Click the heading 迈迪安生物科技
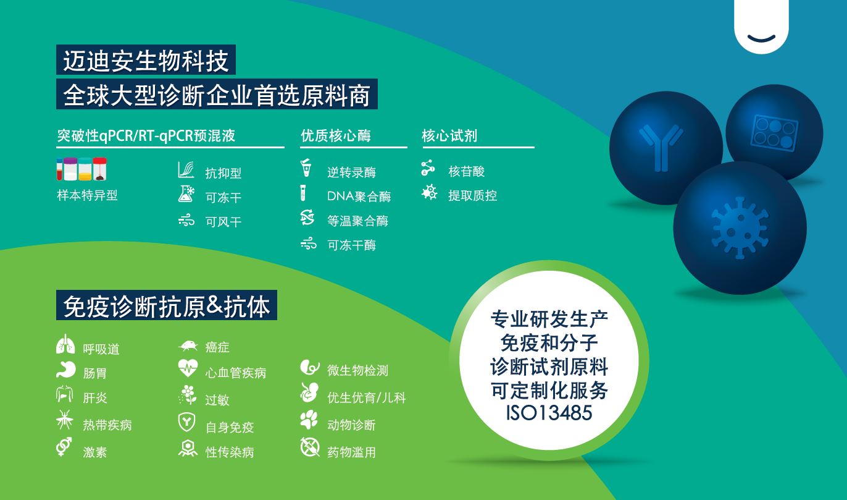pyautogui.click(x=146, y=61)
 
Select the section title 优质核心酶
pyautogui.click(x=336, y=136)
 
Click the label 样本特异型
pyautogui.click(x=87, y=195)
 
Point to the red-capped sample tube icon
pyautogui.click(x=99, y=169)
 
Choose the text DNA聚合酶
pyautogui.click(x=359, y=197)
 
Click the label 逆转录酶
pyautogui.click(x=351, y=172)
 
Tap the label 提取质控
pyautogui.click(x=472, y=196)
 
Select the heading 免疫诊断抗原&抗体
pyautogui.click(x=167, y=306)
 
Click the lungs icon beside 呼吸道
pyautogui.click(x=64, y=345)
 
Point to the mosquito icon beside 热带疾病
pyautogui.click(x=64, y=422)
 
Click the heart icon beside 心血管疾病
pyautogui.click(x=187, y=369)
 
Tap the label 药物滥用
pyautogui.click(x=351, y=452)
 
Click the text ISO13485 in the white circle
pyautogui.click(x=549, y=412)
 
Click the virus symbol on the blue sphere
pyautogui.click(x=740, y=228)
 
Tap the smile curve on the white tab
pyautogui.click(x=761, y=38)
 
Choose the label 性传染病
pyautogui.click(x=230, y=452)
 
